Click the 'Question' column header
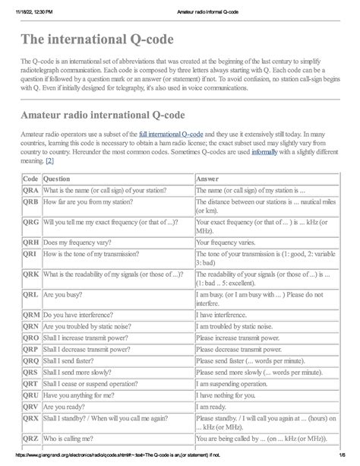tap(61, 178)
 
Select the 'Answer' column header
tap(207, 178)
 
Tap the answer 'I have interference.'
tap(226, 313)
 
